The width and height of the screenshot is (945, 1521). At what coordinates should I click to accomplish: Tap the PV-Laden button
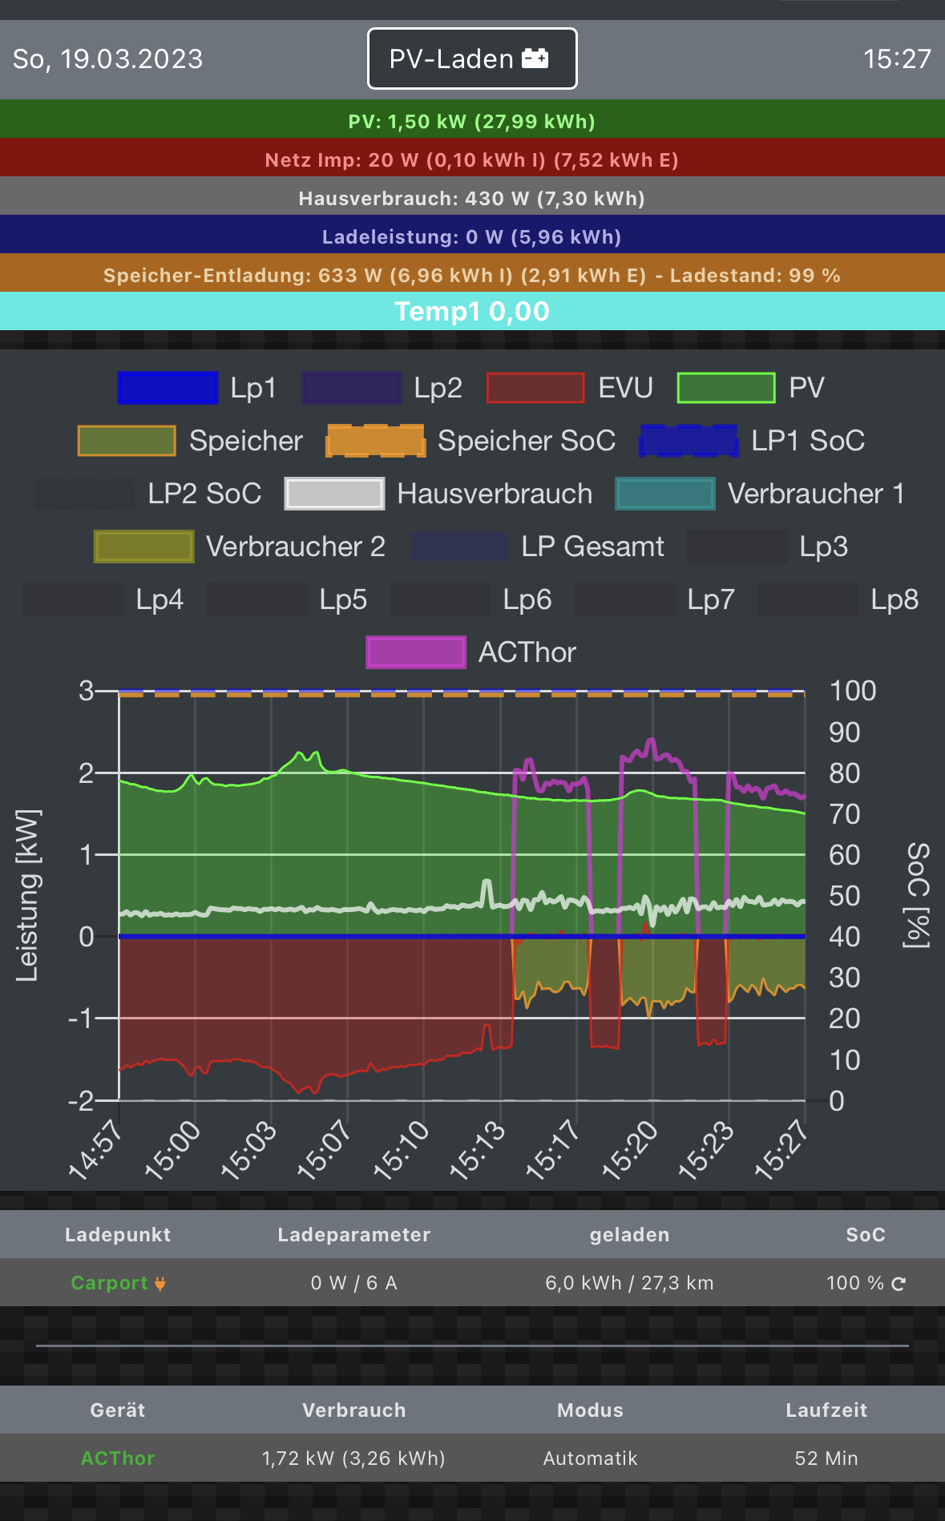[x=471, y=58]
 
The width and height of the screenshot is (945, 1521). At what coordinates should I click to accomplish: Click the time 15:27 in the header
[x=897, y=59]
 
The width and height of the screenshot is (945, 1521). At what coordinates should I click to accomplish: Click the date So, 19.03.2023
[x=108, y=59]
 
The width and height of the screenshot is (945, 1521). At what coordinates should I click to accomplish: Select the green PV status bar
[x=471, y=121]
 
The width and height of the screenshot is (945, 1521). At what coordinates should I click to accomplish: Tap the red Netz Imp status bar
[x=471, y=159]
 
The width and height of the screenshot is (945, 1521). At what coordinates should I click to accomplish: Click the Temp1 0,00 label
[x=471, y=311]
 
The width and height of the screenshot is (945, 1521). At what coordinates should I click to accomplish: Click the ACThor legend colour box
[x=416, y=652]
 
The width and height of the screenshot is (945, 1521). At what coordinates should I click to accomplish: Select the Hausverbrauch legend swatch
[x=334, y=494]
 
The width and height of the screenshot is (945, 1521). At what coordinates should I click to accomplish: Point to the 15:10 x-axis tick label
[x=402, y=1151]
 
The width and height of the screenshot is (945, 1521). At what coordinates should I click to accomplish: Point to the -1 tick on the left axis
[x=83, y=1019]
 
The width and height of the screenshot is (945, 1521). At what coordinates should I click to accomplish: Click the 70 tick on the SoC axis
[x=844, y=814]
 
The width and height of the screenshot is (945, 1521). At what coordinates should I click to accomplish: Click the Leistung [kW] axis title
[x=27, y=895]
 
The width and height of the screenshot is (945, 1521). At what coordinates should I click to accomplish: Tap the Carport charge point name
[x=110, y=1283]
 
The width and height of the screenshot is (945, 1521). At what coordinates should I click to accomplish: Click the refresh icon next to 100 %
[x=899, y=1284]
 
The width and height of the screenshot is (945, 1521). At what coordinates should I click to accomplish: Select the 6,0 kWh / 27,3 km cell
[x=629, y=1283]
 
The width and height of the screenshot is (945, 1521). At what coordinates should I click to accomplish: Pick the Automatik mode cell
[x=590, y=1458]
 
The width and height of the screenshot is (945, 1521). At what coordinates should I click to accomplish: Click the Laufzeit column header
[x=826, y=1410]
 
